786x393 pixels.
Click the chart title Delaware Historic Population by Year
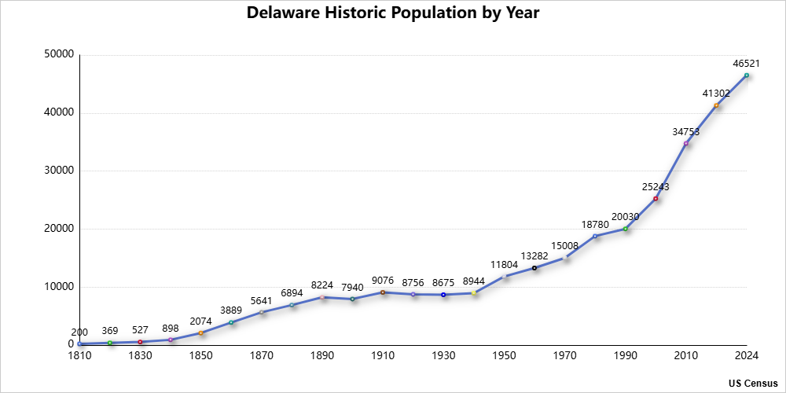point(393,13)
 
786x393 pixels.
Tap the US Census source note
point(753,383)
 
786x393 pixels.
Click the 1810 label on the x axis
point(79,356)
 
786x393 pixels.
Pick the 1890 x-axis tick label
point(322,356)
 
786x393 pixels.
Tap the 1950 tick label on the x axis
point(504,356)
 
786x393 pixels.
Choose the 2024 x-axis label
point(746,356)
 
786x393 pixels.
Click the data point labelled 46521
point(747,75)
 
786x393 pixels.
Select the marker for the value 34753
point(685,144)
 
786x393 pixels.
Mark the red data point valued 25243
point(656,199)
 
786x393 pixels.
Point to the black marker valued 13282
point(534,268)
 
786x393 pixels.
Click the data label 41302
point(717,94)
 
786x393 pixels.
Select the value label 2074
point(200,321)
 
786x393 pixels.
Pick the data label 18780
point(596,225)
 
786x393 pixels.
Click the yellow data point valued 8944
point(474,293)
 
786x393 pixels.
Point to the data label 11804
point(505,265)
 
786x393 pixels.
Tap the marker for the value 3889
point(231,322)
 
